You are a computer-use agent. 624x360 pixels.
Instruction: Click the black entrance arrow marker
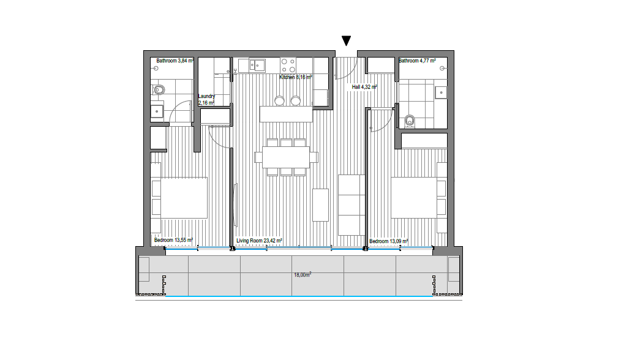(x=346, y=40)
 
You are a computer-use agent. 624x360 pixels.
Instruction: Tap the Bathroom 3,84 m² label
(x=175, y=61)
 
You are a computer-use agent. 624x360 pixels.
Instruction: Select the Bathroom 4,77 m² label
(x=417, y=61)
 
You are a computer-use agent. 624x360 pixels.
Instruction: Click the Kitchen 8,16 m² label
(x=296, y=77)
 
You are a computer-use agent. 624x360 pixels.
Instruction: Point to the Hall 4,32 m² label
(x=364, y=87)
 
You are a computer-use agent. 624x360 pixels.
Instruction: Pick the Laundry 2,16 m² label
(x=206, y=99)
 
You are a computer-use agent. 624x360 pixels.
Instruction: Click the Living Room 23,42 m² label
(x=260, y=241)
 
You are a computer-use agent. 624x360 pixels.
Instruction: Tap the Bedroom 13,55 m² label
(x=173, y=240)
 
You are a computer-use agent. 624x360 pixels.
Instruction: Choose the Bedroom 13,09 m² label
(x=389, y=241)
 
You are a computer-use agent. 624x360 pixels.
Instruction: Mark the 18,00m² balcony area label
(x=303, y=274)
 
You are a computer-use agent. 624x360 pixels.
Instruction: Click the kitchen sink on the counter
(x=257, y=65)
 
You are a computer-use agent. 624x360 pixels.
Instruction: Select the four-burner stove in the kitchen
(x=288, y=66)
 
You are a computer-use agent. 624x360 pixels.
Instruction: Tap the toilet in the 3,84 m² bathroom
(x=159, y=90)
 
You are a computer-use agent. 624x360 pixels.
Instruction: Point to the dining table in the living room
(x=286, y=157)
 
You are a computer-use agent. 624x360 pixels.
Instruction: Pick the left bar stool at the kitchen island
(x=279, y=100)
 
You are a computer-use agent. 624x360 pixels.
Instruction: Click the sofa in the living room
(x=351, y=205)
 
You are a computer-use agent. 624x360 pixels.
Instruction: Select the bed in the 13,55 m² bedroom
(x=179, y=198)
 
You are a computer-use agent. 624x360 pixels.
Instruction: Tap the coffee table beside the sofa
(x=320, y=205)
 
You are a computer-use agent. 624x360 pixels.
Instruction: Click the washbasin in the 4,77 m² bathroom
(x=441, y=92)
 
